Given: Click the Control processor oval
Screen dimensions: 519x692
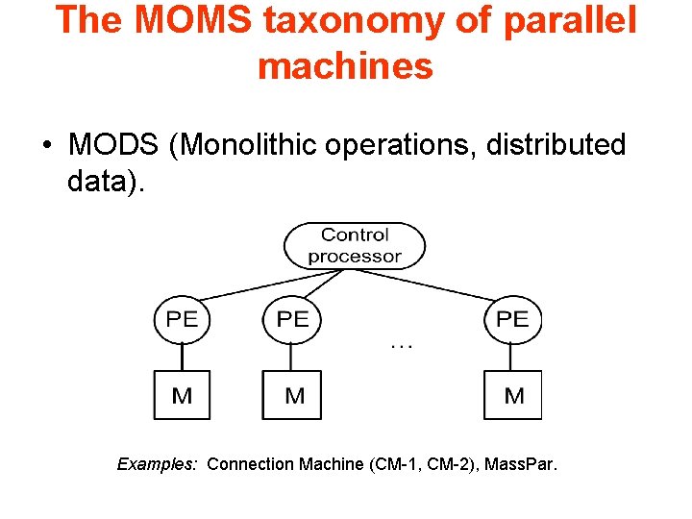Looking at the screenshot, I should [x=355, y=245].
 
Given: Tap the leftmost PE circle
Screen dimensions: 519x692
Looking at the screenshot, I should [x=182, y=319].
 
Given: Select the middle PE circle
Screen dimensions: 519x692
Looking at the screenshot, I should [x=292, y=319].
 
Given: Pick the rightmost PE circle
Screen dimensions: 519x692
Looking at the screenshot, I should [x=512, y=319].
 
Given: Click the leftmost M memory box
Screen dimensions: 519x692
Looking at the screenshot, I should [x=182, y=395].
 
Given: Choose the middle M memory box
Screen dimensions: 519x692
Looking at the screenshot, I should [x=292, y=395].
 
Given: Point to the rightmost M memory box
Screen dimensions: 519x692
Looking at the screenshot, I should [x=513, y=395].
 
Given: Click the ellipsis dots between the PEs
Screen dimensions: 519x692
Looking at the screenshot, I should [x=402, y=345].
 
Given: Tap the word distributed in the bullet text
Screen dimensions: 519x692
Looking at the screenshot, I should [x=556, y=146].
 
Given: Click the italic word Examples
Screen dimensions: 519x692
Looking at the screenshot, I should [x=157, y=464].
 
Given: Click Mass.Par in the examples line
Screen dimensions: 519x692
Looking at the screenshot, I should [x=519, y=464].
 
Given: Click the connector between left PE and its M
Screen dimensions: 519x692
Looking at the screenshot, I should [x=182, y=356].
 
